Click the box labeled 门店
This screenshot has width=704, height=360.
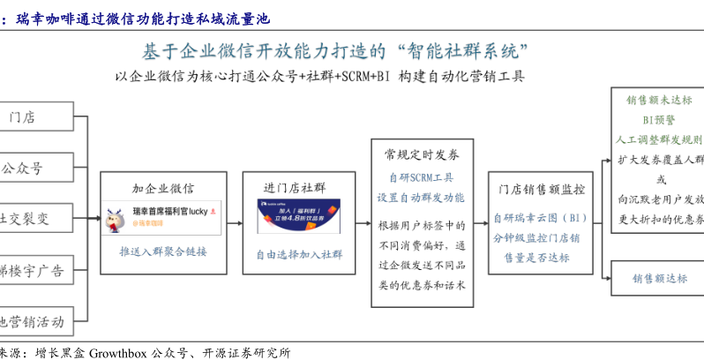tap(35, 116)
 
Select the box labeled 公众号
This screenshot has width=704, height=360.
tap(35, 167)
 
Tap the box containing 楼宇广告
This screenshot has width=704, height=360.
tap(35, 270)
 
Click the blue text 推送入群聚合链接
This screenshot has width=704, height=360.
tap(163, 251)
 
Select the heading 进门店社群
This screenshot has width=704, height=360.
tap(295, 188)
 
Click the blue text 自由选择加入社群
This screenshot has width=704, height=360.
tap(299, 255)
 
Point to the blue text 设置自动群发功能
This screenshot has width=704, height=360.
tap(421, 198)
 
